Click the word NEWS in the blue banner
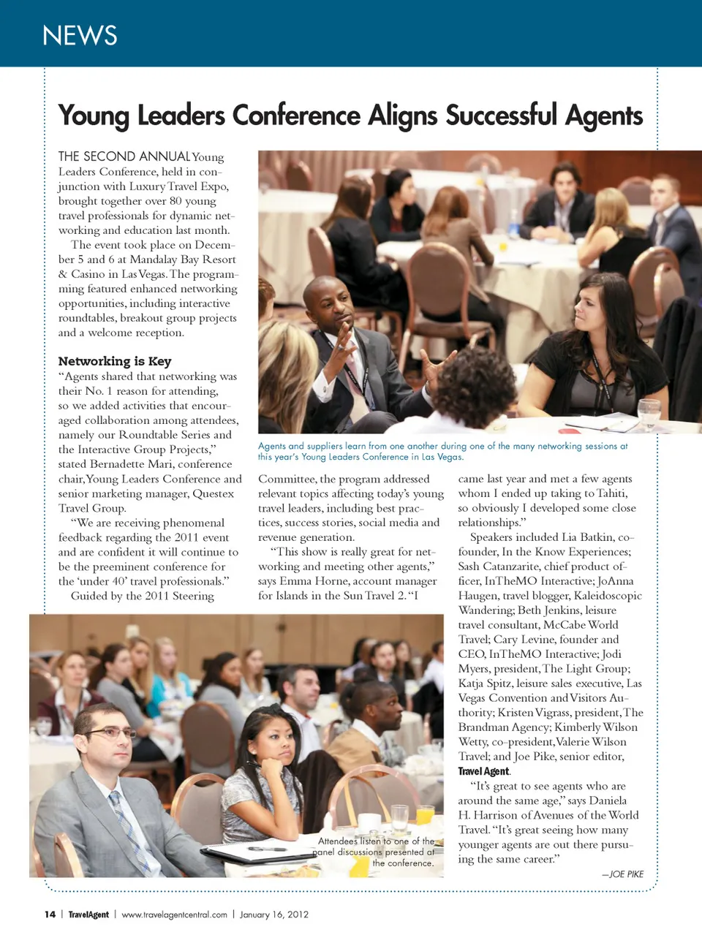(x=80, y=35)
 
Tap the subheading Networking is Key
(x=115, y=361)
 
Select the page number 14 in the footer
(x=50, y=914)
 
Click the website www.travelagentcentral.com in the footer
(x=174, y=914)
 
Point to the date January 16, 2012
(x=273, y=914)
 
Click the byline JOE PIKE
(x=626, y=874)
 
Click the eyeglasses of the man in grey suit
(x=110, y=732)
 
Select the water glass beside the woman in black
(x=649, y=414)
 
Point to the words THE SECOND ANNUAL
(x=124, y=156)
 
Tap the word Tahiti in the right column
(x=611, y=493)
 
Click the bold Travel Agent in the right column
(x=483, y=771)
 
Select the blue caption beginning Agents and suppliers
(x=442, y=451)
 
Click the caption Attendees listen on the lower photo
(x=377, y=852)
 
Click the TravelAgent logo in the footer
(x=88, y=914)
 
